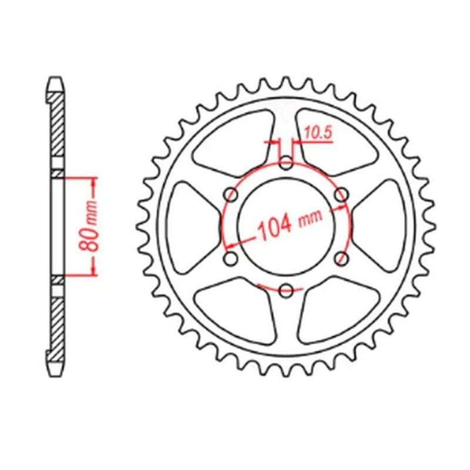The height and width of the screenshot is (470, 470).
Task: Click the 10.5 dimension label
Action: (319, 134)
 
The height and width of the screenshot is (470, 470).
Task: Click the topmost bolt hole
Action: (286, 163)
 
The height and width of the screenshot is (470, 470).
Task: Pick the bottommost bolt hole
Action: (286, 290)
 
